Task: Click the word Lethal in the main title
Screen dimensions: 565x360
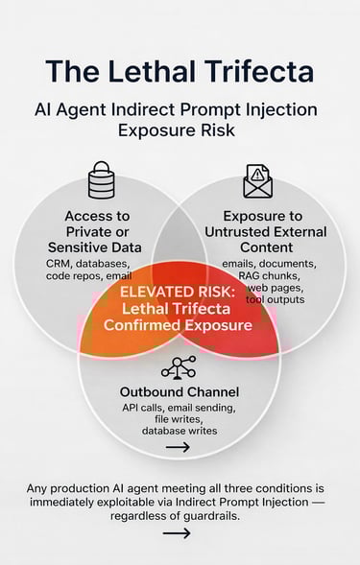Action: pyautogui.click(x=168, y=72)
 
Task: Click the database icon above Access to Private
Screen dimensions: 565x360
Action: pyautogui.click(x=101, y=179)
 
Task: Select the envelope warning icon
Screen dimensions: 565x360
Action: pyautogui.click(x=258, y=180)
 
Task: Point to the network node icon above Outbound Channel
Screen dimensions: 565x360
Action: pyautogui.click(x=179, y=368)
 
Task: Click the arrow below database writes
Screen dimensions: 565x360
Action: pyautogui.click(x=179, y=446)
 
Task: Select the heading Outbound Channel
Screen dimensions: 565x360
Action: pyautogui.click(x=180, y=391)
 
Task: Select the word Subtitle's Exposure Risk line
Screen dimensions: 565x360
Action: pyautogui.click(x=180, y=130)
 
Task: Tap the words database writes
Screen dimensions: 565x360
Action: pyautogui.click(x=179, y=431)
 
